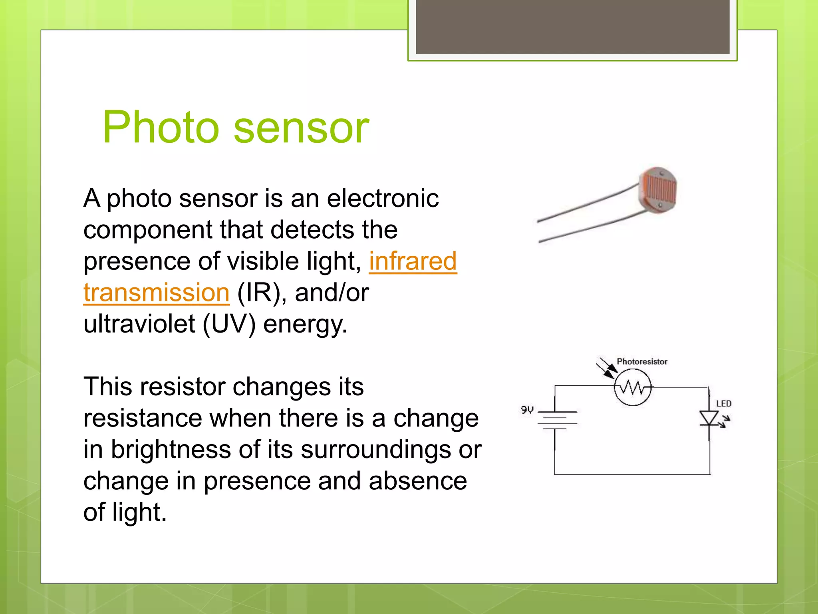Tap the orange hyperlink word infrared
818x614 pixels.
[x=413, y=261]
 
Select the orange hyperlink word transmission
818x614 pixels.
[x=156, y=292]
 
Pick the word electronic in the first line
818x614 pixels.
[x=383, y=198]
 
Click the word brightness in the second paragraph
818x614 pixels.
[x=171, y=449]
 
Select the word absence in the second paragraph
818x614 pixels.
[x=418, y=480]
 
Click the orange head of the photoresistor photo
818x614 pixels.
[x=658, y=190]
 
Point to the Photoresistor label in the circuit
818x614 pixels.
[x=642, y=361]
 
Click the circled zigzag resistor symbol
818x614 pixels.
[x=633, y=387]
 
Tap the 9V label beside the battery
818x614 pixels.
[x=527, y=410]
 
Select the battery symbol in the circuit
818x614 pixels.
[x=557, y=420]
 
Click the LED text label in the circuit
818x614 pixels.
[x=723, y=404]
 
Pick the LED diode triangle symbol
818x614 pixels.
[x=709, y=419]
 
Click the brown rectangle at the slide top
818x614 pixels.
[x=572, y=27]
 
